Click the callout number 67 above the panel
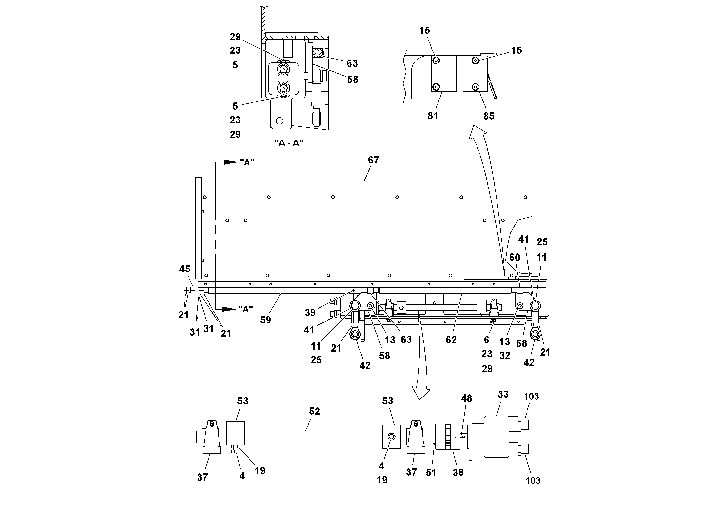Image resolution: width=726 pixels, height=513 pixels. pyautogui.click(x=373, y=160)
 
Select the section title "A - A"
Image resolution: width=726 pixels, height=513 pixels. pyautogui.click(x=289, y=143)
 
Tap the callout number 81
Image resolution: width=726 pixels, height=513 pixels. pyautogui.click(x=433, y=116)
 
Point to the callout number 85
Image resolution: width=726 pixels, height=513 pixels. pyautogui.click(x=488, y=116)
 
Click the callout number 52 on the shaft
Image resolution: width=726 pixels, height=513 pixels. pyautogui.click(x=314, y=411)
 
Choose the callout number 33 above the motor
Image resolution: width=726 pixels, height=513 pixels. pyautogui.click(x=503, y=394)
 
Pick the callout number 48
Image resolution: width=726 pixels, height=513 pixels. pyautogui.click(x=466, y=398)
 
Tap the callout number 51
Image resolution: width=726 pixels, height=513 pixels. pyautogui.click(x=431, y=473)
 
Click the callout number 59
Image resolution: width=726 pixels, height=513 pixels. pyautogui.click(x=265, y=320)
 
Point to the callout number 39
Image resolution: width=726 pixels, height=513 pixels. pyautogui.click(x=310, y=313)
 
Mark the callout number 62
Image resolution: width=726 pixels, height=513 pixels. pyautogui.click(x=451, y=340)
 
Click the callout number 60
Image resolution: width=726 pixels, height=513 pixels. pyautogui.click(x=515, y=257)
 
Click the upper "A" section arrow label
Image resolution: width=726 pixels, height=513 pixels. pyautogui.click(x=247, y=162)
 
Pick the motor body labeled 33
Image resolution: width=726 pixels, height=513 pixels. pyautogui.click(x=497, y=436)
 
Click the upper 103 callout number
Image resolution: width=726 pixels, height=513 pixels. pyautogui.click(x=531, y=397)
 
